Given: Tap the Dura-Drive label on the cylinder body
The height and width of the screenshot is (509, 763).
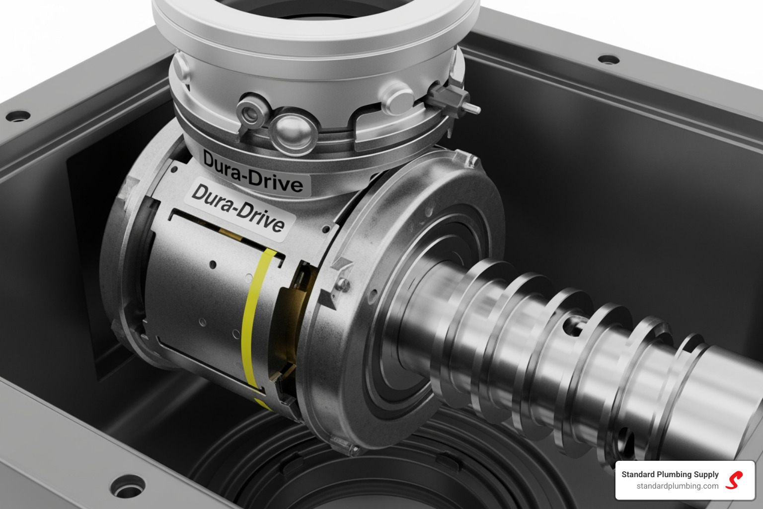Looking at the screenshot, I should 238,207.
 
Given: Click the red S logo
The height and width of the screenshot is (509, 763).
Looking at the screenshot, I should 734,480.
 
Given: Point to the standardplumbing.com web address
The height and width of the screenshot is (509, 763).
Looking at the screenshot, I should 677,486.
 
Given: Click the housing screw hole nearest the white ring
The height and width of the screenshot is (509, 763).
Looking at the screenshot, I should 608,60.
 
